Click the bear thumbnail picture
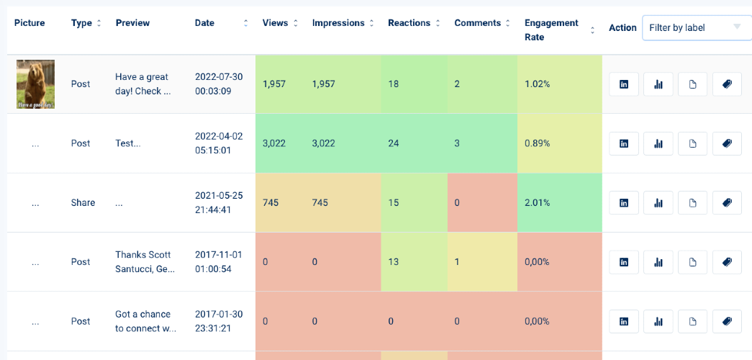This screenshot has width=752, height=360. (x=35, y=84)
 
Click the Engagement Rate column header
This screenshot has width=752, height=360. (x=551, y=30)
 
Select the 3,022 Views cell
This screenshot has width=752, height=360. (x=274, y=143)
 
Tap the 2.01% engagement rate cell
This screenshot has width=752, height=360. (x=537, y=202)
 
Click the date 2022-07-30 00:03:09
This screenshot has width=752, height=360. (x=219, y=84)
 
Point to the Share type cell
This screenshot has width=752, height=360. (x=83, y=202)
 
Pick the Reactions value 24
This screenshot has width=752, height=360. (x=394, y=143)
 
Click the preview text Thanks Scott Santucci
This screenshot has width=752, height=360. (x=145, y=261)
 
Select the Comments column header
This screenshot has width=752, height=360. (x=478, y=23)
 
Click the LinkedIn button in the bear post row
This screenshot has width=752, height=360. (x=624, y=84)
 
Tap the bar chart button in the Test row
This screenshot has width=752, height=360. (x=658, y=143)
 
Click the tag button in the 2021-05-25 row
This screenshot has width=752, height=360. (x=727, y=203)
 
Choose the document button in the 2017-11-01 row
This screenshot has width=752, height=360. (x=692, y=262)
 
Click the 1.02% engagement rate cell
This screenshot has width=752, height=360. (x=537, y=84)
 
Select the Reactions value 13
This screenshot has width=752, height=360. (x=393, y=261)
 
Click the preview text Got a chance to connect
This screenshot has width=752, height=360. (x=146, y=321)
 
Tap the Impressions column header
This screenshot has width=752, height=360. (x=338, y=23)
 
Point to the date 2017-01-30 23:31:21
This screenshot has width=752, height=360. (x=219, y=321)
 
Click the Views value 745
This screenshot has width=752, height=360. (x=271, y=202)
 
